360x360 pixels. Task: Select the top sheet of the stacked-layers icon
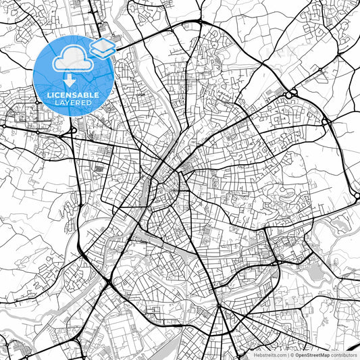pos(103,45)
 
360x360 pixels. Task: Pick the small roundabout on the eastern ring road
pos(326,122)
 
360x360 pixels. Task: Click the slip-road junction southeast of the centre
pos(277,261)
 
